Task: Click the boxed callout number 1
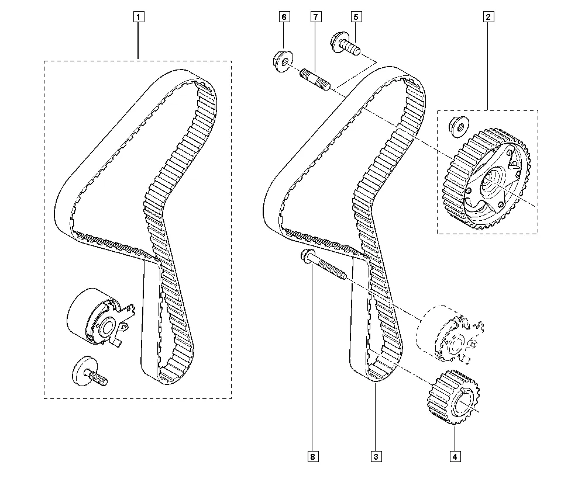pyautogui.click(x=139, y=17)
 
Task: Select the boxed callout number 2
pyautogui.click(x=488, y=17)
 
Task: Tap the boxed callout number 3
pyautogui.click(x=376, y=456)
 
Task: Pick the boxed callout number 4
pyautogui.click(x=455, y=456)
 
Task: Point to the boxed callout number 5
pyautogui.click(x=356, y=17)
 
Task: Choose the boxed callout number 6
pyautogui.click(x=284, y=17)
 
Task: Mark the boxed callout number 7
pyautogui.click(x=316, y=17)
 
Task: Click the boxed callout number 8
pyautogui.click(x=313, y=456)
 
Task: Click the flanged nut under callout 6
pyautogui.click(x=283, y=61)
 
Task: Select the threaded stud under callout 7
pyautogui.click(x=315, y=79)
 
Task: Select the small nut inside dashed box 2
pyautogui.click(x=459, y=126)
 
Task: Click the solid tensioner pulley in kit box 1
pyautogui.click(x=101, y=317)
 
